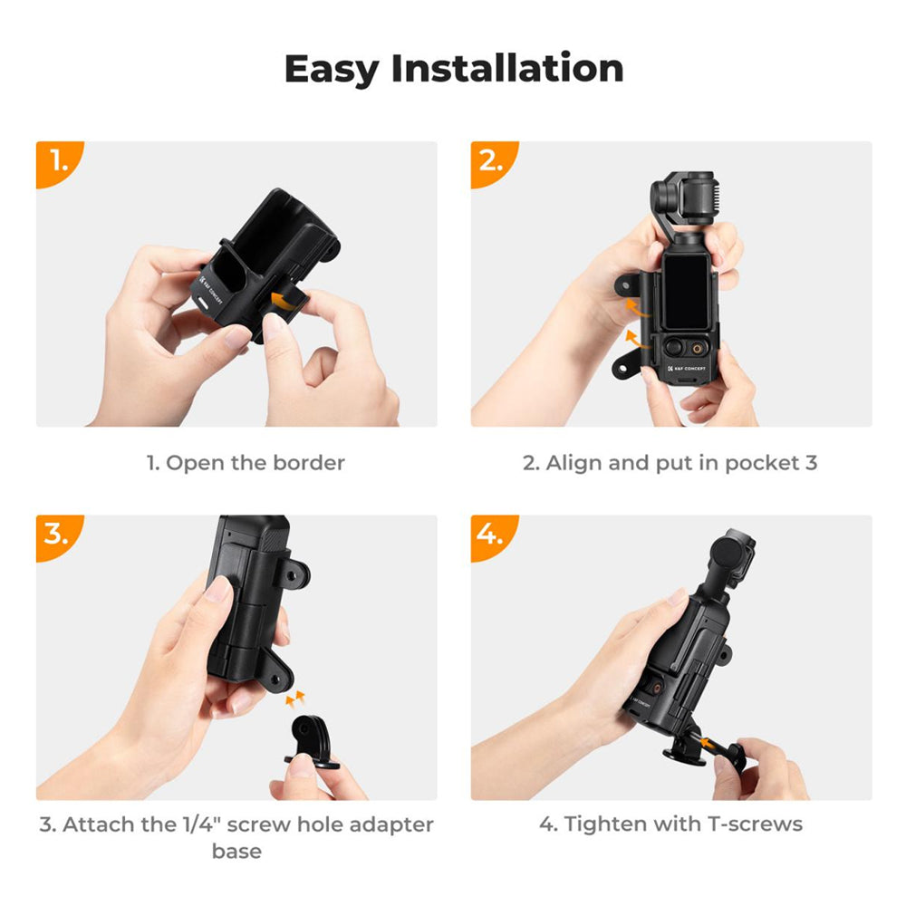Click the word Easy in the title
click(x=331, y=70)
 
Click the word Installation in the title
click(x=507, y=68)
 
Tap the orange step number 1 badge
click(x=58, y=162)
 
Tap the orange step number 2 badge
click(x=492, y=162)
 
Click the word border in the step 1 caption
click(x=309, y=463)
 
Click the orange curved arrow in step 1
click(x=287, y=301)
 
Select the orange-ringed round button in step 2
click(x=699, y=348)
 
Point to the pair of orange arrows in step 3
click(x=295, y=698)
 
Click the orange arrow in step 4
click(x=712, y=744)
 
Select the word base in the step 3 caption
click(x=236, y=852)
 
